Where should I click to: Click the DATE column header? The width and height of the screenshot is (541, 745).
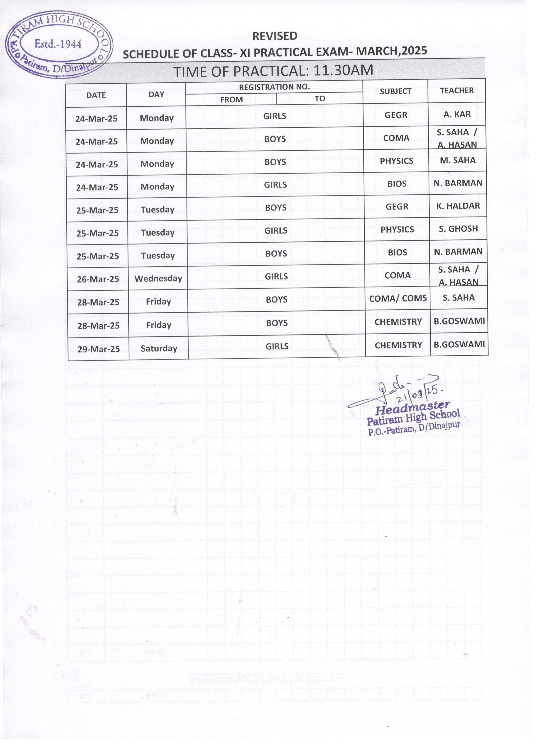click(x=96, y=95)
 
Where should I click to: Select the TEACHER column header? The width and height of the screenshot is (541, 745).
click(x=457, y=90)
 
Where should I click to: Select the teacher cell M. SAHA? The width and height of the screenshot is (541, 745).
click(x=458, y=160)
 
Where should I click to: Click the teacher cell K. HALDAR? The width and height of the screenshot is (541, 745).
click(x=458, y=206)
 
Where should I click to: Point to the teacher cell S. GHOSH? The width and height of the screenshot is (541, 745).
click(x=458, y=229)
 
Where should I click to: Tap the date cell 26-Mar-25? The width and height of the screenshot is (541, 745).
click(x=98, y=279)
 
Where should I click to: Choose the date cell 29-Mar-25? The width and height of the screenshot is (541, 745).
click(x=98, y=349)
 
